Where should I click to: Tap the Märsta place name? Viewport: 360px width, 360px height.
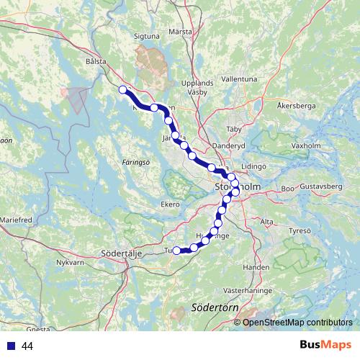[x=180, y=32]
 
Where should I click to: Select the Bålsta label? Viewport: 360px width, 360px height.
[x=95, y=62]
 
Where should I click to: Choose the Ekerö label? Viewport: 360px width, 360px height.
[x=169, y=204]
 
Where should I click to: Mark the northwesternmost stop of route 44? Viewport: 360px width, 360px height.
[x=122, y=89]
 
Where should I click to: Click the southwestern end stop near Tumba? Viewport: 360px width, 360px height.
[x=176, y=251]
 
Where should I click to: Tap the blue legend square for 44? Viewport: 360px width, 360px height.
[x=11, y=346]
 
